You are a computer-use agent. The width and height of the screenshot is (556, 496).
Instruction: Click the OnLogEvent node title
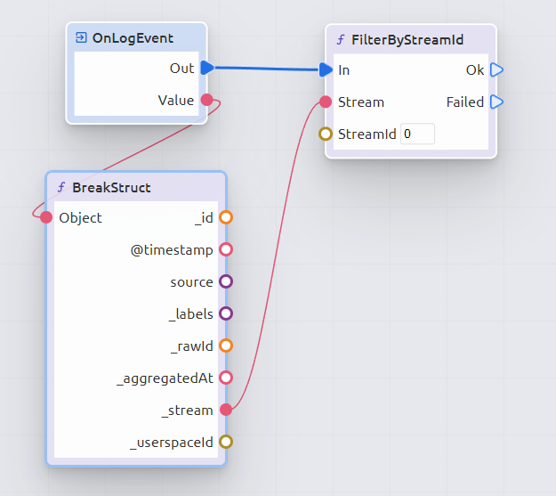click(x=133, y=38)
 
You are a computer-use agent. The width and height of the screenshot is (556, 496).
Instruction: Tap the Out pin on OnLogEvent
click(x=207, y=68)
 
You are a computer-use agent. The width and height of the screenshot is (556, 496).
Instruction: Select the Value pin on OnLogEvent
click(x=206, y=100)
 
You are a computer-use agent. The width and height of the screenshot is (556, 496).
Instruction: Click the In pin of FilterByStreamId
click(x=326, y=69)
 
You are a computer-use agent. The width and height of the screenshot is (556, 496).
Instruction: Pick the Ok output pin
click(x=496, y=69)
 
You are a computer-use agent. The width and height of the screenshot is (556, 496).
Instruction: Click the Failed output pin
click(x=496, y=102)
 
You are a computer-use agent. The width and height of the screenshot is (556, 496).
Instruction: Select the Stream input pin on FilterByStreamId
click(x=326, y=102)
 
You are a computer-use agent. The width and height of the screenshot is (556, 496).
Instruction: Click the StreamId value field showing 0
click(x=417, y=134)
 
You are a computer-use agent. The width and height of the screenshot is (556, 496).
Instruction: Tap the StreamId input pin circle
click(x=326, y=134)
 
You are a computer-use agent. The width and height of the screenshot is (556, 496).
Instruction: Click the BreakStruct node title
click(x=111, y=188)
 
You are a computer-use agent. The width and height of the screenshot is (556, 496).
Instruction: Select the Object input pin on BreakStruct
click(x=46, y=217)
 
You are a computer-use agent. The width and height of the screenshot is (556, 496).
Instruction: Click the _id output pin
click(x=226, y=217)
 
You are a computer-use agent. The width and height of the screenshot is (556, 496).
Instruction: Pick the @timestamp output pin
click(x=226, y=249)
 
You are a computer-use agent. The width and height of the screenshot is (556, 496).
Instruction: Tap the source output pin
click(x=226, y=281)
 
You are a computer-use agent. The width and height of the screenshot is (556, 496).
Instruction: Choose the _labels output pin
click(x=226, y=313)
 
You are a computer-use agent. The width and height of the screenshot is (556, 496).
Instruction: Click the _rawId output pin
click(x=226, y=346)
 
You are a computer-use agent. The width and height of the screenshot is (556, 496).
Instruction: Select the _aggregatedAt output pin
click(x=226, y=378)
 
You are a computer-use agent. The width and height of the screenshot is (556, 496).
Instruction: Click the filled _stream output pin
click(x=226, y=410)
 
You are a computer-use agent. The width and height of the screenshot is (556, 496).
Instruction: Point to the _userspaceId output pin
click(x=226, y=442)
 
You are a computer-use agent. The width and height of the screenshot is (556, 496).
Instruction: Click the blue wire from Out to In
click(x=267, y=69)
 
